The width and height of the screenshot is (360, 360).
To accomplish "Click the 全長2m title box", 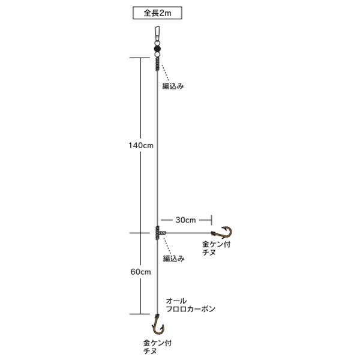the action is coord(157,13).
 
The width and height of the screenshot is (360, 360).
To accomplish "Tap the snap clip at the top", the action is coord(157,34).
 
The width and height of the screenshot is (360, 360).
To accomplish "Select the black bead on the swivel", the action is coord(157,49).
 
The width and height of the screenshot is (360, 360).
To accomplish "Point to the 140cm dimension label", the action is coord(141,145).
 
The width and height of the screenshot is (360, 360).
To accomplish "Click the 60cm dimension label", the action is coord(141,272).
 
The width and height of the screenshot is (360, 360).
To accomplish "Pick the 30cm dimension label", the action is coord(186,220).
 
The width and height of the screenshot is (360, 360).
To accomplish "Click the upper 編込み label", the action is coord(173,86).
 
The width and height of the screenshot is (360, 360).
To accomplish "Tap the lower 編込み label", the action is coord(173,259).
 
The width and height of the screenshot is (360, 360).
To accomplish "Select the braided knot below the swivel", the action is coord(157,64).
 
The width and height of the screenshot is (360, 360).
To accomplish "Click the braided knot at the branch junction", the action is coord(157,233).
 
